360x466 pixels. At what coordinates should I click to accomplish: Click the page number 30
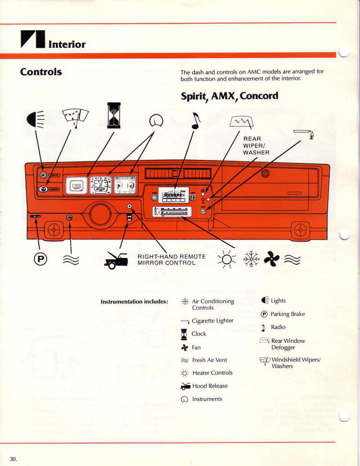13,459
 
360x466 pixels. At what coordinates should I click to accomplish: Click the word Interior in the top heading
67,44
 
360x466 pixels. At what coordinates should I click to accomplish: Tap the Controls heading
41,72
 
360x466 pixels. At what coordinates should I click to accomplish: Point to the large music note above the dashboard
195,120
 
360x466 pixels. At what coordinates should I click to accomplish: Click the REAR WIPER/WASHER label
256,145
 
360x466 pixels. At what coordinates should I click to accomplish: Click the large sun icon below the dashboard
226,259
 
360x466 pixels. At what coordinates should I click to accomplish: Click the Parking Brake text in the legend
288,314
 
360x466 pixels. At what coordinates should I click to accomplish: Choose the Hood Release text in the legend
210,386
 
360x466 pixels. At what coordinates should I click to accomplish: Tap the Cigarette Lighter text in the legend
212,321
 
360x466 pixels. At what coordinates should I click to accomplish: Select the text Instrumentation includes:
135,301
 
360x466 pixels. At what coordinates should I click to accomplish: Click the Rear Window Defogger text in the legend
288,344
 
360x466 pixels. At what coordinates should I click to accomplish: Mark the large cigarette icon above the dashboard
303,132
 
